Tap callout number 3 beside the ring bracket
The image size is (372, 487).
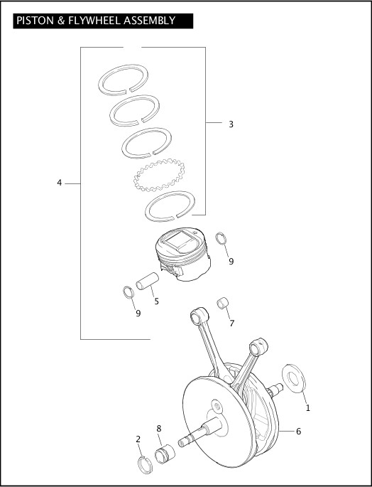click(231, 124)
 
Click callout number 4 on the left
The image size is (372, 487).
click(60, 183)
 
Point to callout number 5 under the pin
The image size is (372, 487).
click(156, 301)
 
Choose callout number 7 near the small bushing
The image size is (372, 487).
click(231, 323)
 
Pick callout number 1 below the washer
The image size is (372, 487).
click(307, 408)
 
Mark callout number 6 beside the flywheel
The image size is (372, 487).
click(298, 431)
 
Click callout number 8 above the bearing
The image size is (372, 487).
click(159, 428)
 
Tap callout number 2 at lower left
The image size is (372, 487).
click(138, 439)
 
